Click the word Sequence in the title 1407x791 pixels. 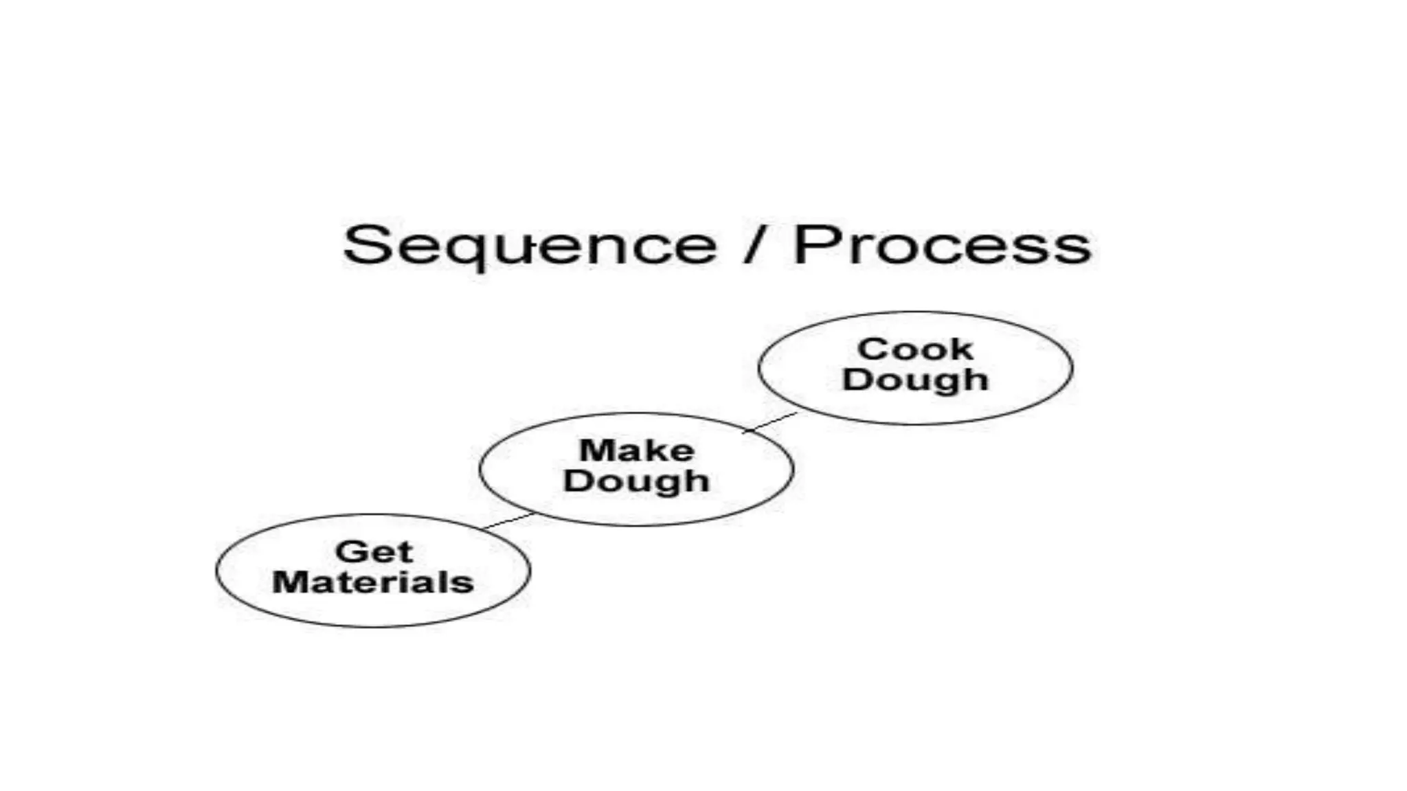click(529, 246)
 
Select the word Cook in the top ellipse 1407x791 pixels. click(915, 349)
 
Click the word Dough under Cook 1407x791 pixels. click(915, 380)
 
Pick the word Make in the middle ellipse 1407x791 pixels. click(636, 451)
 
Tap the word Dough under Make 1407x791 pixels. click(636, 481)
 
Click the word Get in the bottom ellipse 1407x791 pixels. click(374, 552)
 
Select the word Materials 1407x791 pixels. click(373, 582)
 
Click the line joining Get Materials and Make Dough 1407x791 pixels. click(508, 521)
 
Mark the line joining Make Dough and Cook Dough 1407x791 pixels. click(771, 422)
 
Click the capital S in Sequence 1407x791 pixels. click(364, 244)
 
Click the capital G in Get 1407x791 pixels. click(350, 552)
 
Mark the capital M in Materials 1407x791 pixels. click(291, 582)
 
